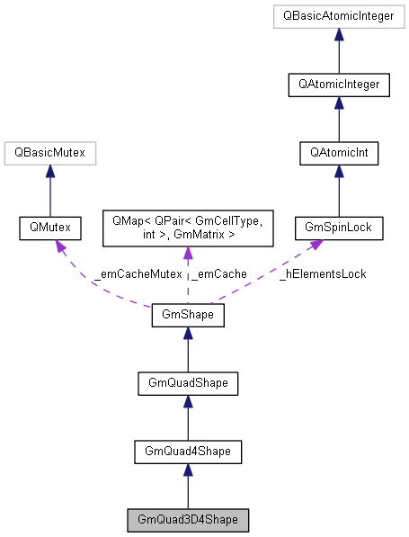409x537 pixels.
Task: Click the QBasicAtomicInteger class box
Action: [x=338, y=16]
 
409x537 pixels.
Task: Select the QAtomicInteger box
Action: [x=338, y=85]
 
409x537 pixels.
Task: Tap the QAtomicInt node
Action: [x=338, y=154]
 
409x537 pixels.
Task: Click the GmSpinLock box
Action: [x=338, y=229]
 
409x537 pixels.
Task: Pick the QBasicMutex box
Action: [x=49, y=154]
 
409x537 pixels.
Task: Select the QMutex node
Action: [x=49, y=229]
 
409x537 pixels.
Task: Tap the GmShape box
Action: [x=187, y=316]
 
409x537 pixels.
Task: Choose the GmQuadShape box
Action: [x=187, y=383]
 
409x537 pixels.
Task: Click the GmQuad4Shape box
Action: [x=187, y=452]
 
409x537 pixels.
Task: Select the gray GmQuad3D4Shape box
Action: [x=187, y=520]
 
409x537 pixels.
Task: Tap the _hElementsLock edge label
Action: [x=322, y=273]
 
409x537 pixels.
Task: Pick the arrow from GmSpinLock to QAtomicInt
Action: [x=338, y=192]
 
